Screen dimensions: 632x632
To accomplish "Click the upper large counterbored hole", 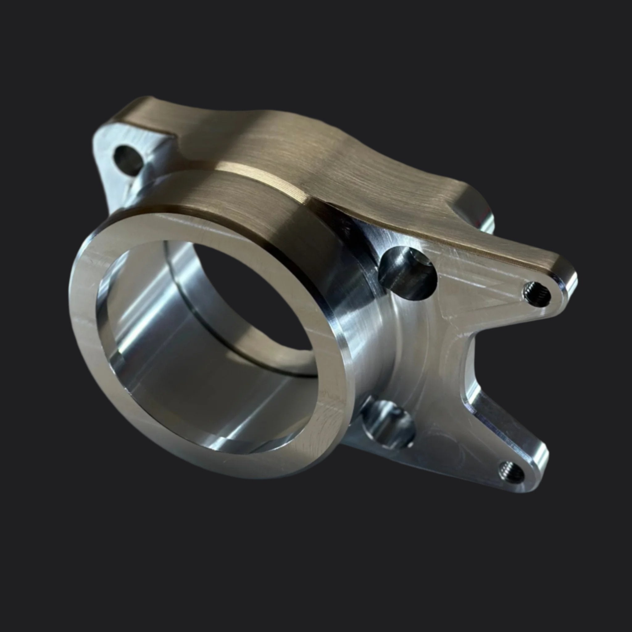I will (408, 272).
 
